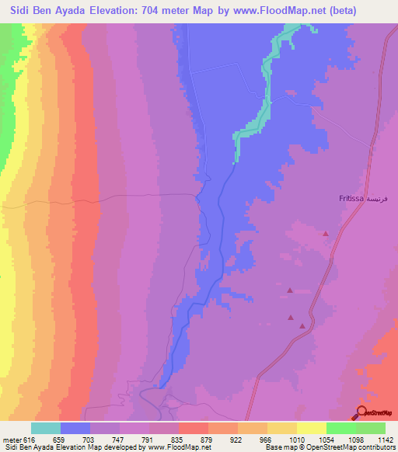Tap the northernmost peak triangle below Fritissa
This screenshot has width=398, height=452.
(x=326, y=233)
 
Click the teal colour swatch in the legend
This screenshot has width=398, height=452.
(x=46, y=428)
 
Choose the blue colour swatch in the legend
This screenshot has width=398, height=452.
(x=75, y=428)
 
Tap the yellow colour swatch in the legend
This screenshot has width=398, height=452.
(x=311, y=428)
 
